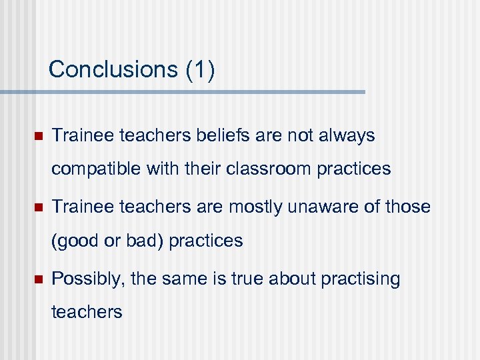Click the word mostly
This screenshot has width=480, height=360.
tap(257, 207)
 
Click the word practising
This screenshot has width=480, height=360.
tap(361, 279)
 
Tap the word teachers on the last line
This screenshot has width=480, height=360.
tap(87, 312)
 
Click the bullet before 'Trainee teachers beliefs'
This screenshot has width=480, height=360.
tap(38, 137)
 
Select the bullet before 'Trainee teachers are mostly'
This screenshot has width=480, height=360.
tap(38, 208)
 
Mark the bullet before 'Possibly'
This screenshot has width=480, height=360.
tap(38, 279)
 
